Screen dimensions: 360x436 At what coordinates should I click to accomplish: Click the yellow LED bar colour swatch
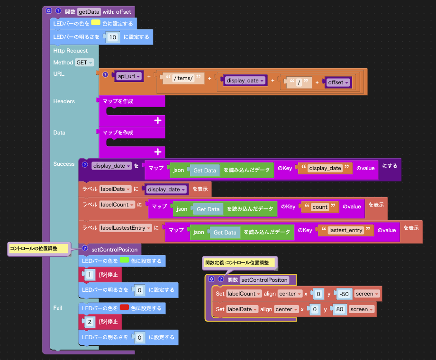click(x=95, y=23)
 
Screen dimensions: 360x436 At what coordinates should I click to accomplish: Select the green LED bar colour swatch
click(x=124, y=261)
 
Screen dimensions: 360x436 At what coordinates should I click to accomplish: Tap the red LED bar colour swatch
click(x=124, y=308)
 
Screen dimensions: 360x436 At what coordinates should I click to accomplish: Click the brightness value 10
click(x=113, y=37)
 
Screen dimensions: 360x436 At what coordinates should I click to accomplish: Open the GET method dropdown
click(x=85, y=63)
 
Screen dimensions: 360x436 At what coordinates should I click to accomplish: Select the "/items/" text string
click(x=183, y=78)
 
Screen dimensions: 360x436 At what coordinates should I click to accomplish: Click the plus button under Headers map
click(x=158, y=121)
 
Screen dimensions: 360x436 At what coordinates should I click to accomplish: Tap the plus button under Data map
click(x=158, y=152)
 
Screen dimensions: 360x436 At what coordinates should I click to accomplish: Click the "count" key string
click(x=320, y=207)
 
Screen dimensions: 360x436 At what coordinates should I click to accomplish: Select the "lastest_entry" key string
click(x=346, y=230)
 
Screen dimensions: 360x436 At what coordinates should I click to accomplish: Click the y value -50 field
click(x=345, y=294)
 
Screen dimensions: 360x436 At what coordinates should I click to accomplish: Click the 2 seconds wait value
click(x=90, y=322)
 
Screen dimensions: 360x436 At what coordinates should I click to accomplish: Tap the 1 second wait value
click(x=90, y=275)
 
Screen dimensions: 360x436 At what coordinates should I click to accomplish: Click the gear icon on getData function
click(x=49, y=10)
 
